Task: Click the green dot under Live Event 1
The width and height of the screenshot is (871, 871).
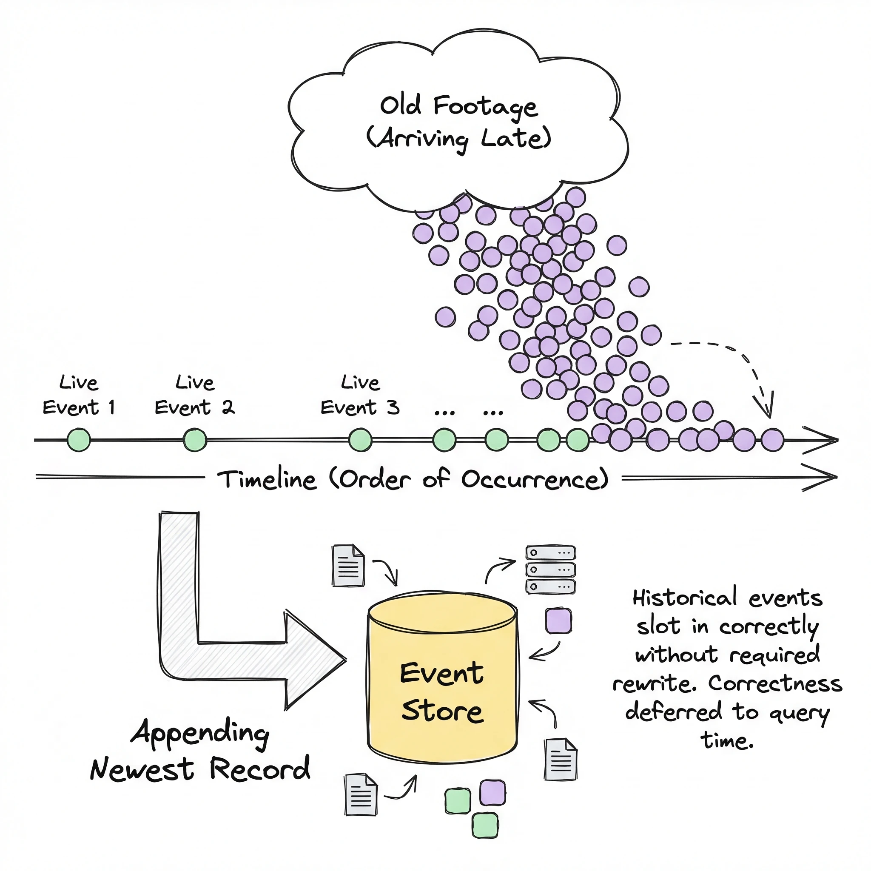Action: point(79,440)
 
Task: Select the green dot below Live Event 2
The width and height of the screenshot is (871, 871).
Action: point(195,440)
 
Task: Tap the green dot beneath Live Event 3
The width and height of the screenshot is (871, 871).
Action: point(360,440)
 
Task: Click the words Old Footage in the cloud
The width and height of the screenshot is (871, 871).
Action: point(458,106)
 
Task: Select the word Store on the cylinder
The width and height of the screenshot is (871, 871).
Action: point(442,711)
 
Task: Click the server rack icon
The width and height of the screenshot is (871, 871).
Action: point(550,569)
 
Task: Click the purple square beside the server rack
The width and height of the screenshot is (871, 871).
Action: point(558,621)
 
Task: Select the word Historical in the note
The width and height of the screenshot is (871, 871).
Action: point(684,598)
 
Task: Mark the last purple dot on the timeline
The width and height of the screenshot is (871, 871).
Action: point(773,440)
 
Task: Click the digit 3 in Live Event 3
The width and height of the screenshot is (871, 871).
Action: point(393,407)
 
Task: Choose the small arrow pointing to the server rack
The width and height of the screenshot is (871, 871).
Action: point(500,569)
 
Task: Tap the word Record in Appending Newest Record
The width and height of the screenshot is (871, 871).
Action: point(260,769)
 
